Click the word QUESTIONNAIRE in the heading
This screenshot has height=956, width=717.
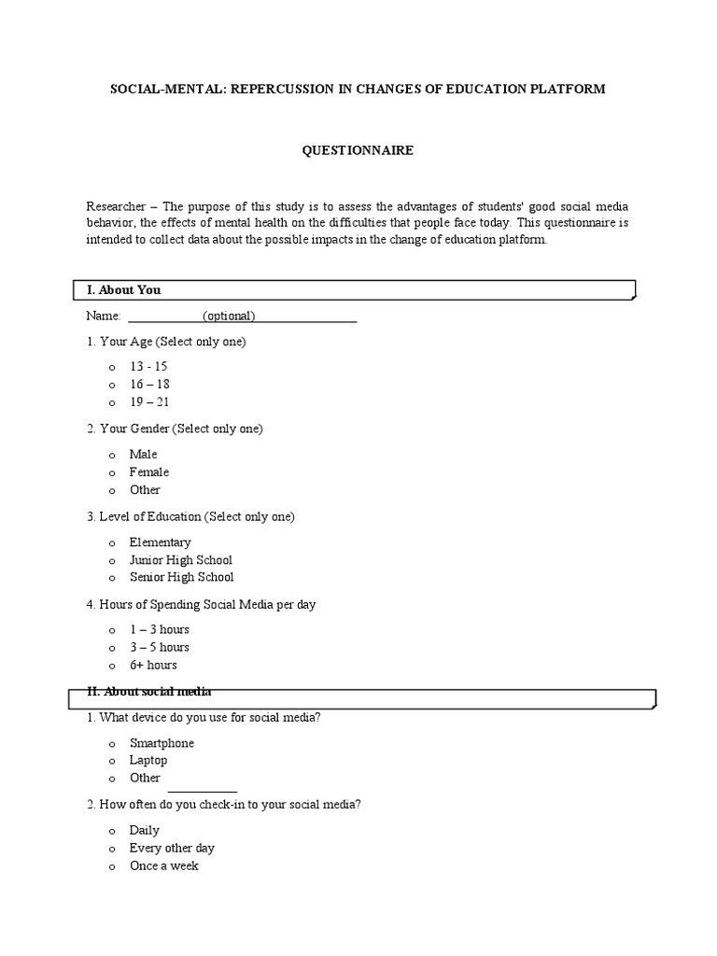[358, 148]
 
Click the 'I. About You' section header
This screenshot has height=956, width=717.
[123, 290]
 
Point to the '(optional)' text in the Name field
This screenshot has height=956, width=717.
[229, 316]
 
